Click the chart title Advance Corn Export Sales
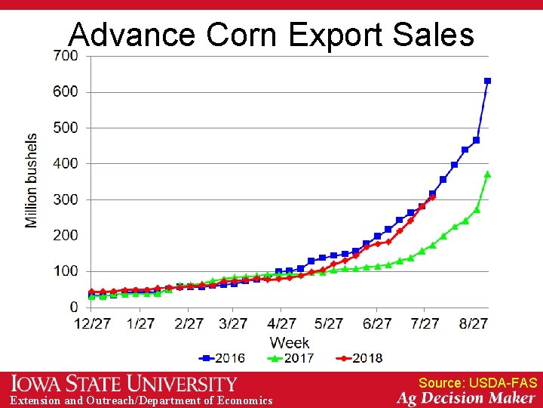[x=271, y=35]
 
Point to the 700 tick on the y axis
[x=65, y=56]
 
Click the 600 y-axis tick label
[x=65, y=91]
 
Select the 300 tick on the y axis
[x=65, y=199]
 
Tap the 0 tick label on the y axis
[x=73, y=307]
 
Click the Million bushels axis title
[x=32, y=181]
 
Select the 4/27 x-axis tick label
[x=281, y=323]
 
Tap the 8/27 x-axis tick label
[x=474, y=323]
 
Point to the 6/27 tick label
[x=377, y=323]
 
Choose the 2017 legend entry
[x=291, y=358]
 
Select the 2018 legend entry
[x=360, y=358]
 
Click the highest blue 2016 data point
[x=487, y=81]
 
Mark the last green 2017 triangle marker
[x=487, y=174]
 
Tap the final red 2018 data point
[x=432, y=198]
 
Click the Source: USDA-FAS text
[x=477, y=383]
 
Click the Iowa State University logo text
[x=124, y=384]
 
